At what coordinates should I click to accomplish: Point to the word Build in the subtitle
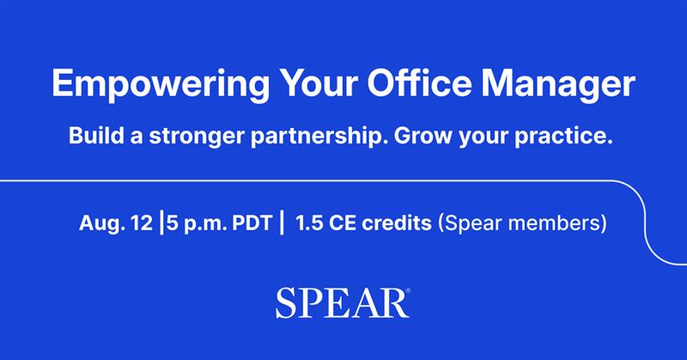(95, 137)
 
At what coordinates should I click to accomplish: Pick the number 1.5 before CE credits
(308, 224)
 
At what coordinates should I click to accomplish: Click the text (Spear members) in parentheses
(522, 224)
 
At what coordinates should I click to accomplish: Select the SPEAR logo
(341, 303)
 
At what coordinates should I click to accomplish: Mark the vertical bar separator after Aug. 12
(161, 224)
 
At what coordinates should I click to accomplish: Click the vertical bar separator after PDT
(281, 224)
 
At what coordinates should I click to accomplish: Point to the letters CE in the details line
(341, 224)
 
